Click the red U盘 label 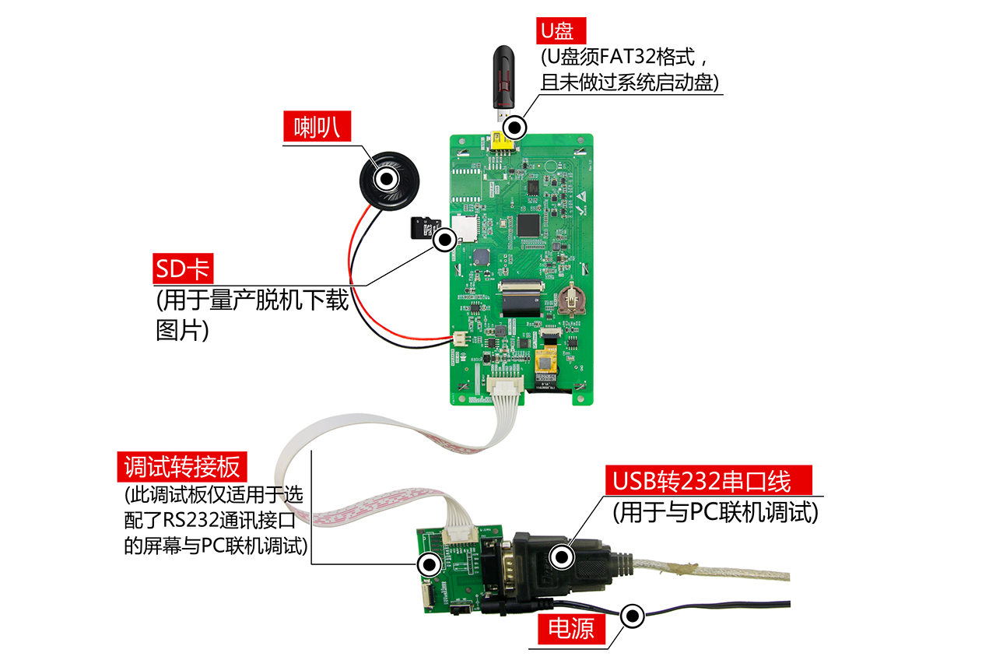click(561, 30)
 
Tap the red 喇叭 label click(317, 127)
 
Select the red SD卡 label click(183, 269)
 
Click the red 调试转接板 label click(182, 467)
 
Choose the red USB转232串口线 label click(708, 481)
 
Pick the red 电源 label click(571, 629)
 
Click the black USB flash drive click(503, 82)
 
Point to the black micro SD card click(426, 228)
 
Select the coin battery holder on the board click(570, 300)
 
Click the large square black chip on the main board click(528, 226)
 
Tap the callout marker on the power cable click(633, 616)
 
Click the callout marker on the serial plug click(562, 556)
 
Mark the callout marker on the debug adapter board click(429, 565)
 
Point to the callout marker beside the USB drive click(515, 128)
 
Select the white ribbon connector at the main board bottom click(505, 385)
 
